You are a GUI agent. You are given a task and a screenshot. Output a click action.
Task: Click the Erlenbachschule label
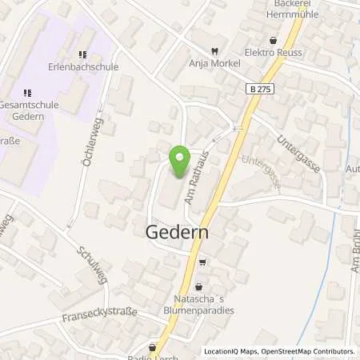pyautogui.click(x=82, y=67)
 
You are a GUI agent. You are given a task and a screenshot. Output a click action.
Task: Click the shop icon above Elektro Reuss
pyautogui.click(x=274, y=39)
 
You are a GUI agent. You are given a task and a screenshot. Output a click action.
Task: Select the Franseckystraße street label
pyautogui.click(x=99, y=314)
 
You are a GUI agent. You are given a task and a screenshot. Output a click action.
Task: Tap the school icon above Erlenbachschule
pyautogui.click(x=82, y=54)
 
